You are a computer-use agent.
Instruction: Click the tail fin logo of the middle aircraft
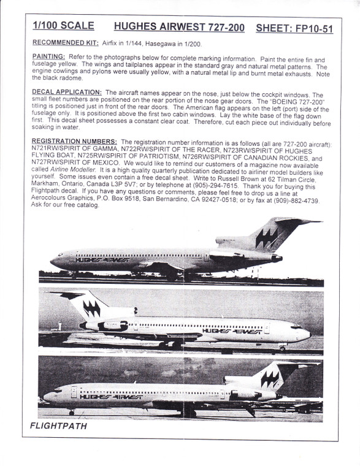91,307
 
